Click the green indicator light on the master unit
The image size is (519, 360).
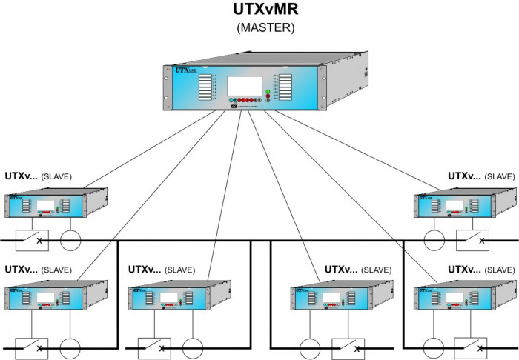[x=268, y=92]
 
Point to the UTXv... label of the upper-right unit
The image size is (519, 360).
[x=463, y=176]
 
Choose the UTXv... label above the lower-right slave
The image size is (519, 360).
[x=463, y=270]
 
